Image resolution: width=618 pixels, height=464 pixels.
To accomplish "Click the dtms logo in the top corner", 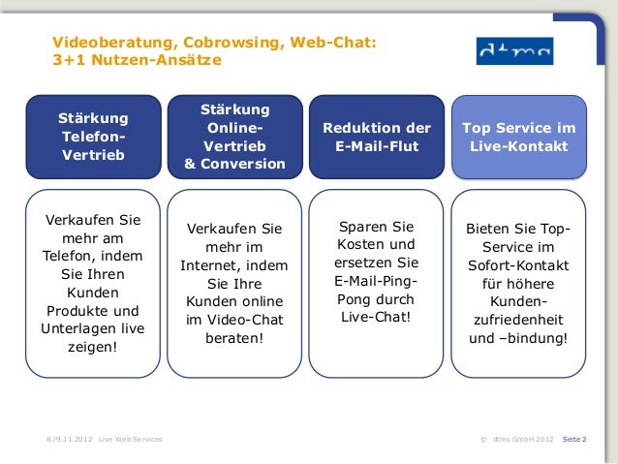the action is (514, 51).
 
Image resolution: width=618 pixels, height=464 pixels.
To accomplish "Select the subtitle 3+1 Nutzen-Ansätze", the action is (137, 61).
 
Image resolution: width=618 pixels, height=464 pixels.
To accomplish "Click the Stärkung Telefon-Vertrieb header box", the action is (93, 137).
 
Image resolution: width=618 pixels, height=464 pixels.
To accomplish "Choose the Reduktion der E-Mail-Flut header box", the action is (377, 137).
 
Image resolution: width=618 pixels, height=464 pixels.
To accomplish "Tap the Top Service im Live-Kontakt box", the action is (518, 137).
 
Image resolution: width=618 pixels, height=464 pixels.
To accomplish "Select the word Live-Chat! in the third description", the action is (376, 318).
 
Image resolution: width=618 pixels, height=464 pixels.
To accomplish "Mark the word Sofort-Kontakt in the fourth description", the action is (518, 265).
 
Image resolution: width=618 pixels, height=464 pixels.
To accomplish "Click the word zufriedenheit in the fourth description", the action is (518, 321).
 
